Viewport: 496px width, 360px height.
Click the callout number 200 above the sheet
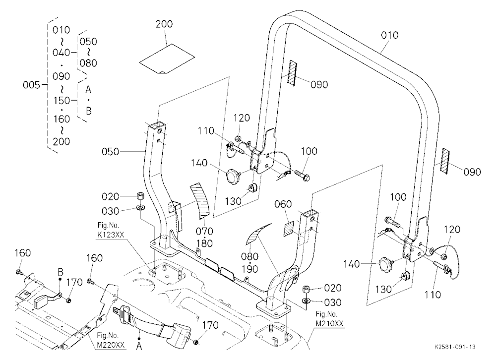[164, 24]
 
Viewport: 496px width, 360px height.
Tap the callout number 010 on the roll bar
[389, 35]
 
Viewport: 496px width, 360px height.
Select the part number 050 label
[111, 152]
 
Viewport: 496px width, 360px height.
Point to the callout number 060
[283, 204]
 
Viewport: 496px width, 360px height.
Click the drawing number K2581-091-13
[455, 347]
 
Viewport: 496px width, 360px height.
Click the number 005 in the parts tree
[32, 85]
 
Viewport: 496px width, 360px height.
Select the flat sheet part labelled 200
[167, 58]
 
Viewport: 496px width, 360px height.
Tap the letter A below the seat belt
[139, 347]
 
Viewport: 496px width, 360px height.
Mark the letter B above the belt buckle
[61, 272]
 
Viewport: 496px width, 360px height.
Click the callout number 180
[204, 243]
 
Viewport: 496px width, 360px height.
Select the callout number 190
[250, 269]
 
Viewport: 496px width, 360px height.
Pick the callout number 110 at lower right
[432, 295]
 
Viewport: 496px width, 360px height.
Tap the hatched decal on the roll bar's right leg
[445, 160]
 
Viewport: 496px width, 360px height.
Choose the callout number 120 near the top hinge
[242, 118]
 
